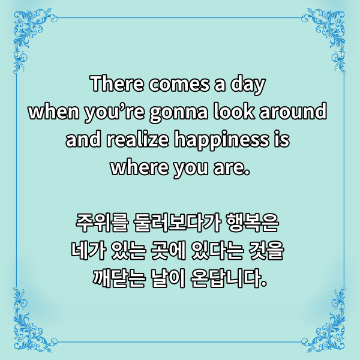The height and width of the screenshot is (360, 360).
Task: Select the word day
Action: click(248, 85)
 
